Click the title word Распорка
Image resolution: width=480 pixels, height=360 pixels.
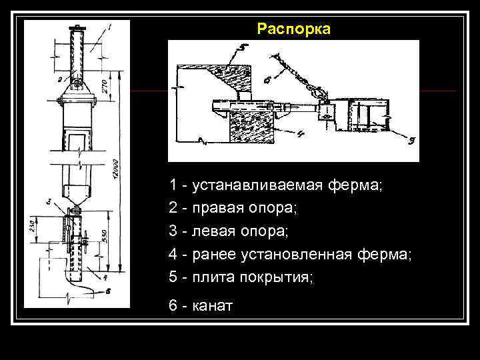point(293,30)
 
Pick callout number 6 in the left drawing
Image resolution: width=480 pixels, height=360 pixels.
point(108,291)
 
